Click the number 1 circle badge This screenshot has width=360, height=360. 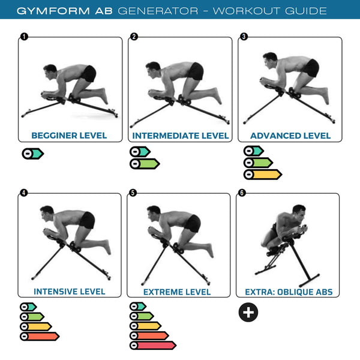(x=23, y=37)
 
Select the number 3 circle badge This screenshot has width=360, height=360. (x=243, y=37)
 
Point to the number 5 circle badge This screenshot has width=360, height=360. (x=133, y=193)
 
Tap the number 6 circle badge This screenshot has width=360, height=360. (x=242, y=193)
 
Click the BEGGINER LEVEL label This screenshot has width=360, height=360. (x=69, y=136)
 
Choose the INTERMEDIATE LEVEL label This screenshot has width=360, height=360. (x=181, y=136)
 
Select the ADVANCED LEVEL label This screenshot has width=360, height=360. (x=290, y=136)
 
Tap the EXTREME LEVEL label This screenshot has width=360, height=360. (x=177, y=292)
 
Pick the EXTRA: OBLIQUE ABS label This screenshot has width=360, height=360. (x=289, y=292)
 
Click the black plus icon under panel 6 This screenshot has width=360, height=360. (x=248, y=313)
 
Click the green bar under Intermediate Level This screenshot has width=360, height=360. (x=145, y=163)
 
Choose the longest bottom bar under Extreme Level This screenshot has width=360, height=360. (x=153, y=346)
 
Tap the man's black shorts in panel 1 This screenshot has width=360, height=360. (x=89, y=74)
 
